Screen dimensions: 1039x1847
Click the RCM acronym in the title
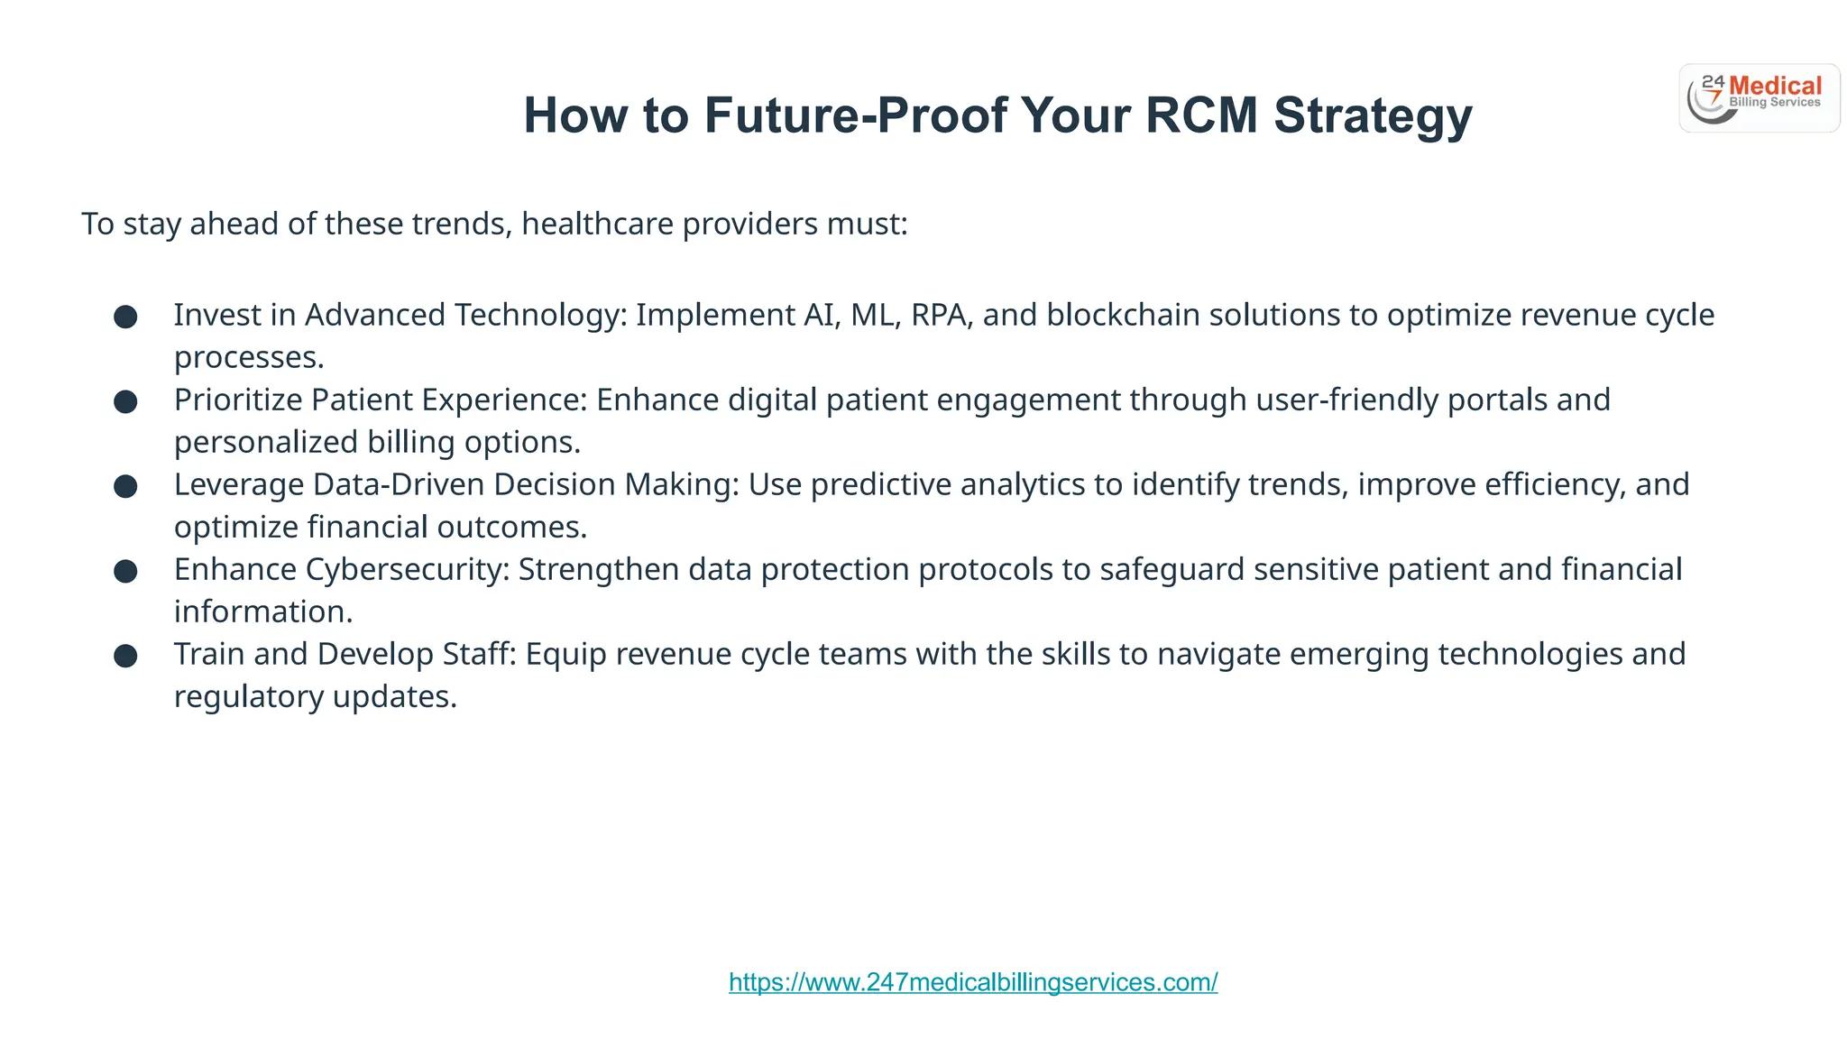(x=1200, y=115)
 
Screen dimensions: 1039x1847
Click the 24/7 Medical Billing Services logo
(x=1759, y=98)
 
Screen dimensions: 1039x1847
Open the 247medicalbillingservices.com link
(x=973, y=982)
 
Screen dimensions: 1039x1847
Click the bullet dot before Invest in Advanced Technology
(x=125, y=317)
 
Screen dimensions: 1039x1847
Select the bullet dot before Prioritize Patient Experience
(x=125, y=401)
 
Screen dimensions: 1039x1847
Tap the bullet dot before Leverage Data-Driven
(x=125, y=486)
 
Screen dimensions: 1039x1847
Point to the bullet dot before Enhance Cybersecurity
(x=125, y=571)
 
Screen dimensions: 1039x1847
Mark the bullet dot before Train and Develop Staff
(x=125, y=656)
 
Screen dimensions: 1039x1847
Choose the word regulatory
(x=248, y=697)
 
